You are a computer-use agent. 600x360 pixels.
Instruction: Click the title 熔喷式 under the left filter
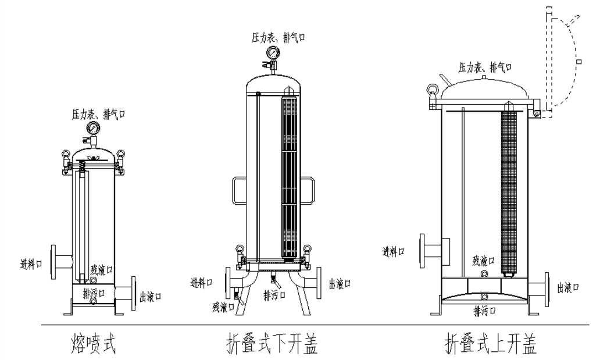(93, 342)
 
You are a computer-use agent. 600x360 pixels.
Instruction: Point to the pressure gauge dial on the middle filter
(272, 54)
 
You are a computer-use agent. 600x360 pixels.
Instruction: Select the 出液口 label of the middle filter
(340, 283)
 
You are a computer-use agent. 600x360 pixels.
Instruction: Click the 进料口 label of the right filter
(393, 251)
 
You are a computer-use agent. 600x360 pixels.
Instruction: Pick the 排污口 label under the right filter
(484, 308)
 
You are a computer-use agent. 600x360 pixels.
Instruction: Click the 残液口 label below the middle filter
(222, 305)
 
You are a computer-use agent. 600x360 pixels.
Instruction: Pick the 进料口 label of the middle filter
(202, 283)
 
